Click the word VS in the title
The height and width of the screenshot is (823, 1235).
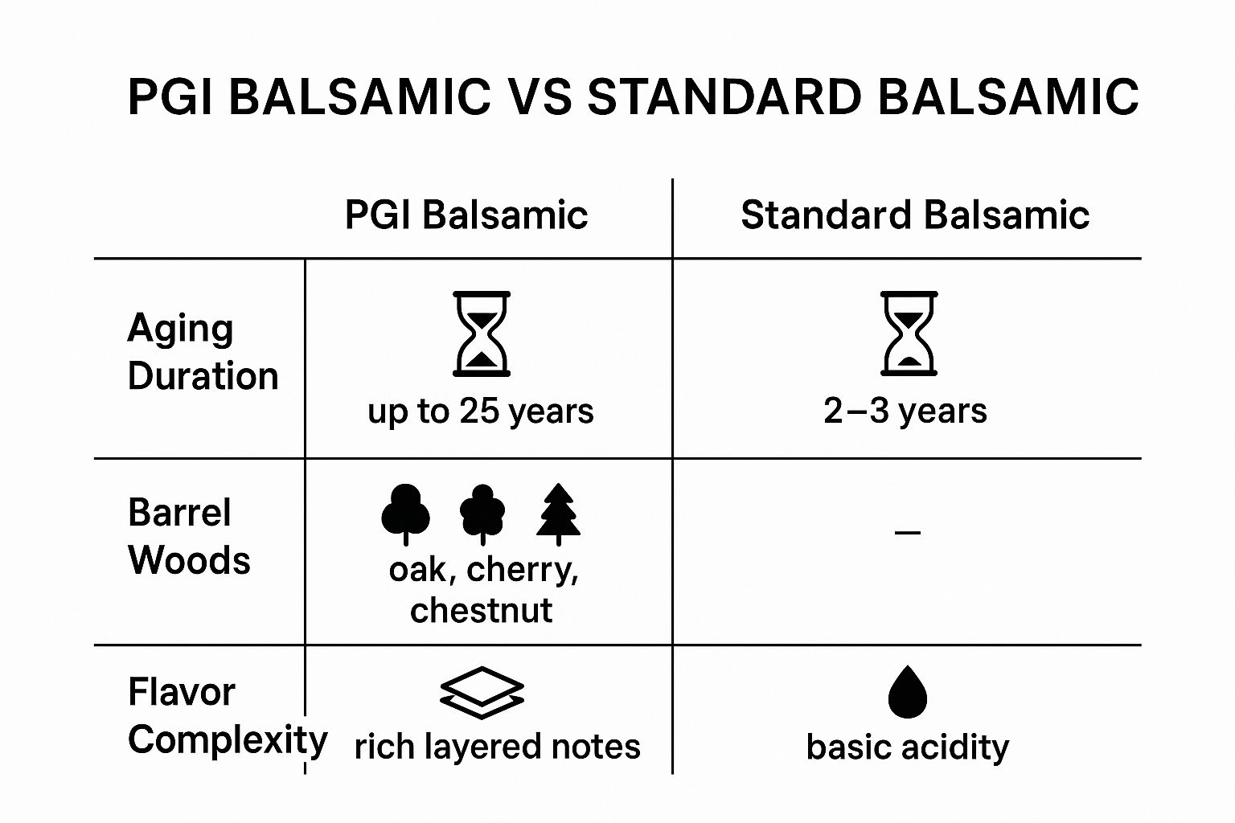539,97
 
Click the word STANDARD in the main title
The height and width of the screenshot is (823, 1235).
724,97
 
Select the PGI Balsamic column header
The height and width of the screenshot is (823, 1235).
466,215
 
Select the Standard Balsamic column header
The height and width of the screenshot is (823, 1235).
915,215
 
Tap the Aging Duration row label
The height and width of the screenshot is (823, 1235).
203,352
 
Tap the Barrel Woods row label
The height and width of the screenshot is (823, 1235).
189,536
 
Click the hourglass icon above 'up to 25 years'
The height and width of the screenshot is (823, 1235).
482,334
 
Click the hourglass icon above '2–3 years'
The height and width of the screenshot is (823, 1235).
909,334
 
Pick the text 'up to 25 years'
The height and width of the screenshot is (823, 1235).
481,411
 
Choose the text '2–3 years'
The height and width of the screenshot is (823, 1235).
905,411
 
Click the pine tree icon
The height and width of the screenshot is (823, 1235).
559,514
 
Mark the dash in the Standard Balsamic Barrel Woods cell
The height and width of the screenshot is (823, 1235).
908,533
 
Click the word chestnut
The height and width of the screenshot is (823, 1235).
482,611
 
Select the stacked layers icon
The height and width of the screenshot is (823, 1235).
482,693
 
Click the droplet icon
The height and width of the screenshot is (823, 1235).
908,692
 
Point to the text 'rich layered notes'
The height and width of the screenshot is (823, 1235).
498,747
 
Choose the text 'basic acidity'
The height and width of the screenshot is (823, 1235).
908,747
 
